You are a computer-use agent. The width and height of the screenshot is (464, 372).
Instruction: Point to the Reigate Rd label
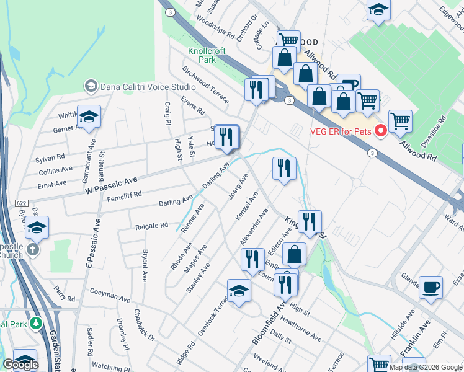tap(151, 226)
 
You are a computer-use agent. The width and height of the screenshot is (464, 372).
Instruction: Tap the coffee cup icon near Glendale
tap(431, 287)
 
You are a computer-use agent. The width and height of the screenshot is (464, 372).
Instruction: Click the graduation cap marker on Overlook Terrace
tap(239, 291)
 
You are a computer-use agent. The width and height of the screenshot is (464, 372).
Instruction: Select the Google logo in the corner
tap(20, 365)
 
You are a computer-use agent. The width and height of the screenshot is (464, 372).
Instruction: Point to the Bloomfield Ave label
tap(268, 323)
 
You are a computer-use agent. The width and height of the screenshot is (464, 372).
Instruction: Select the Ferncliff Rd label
tap(124, 194)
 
